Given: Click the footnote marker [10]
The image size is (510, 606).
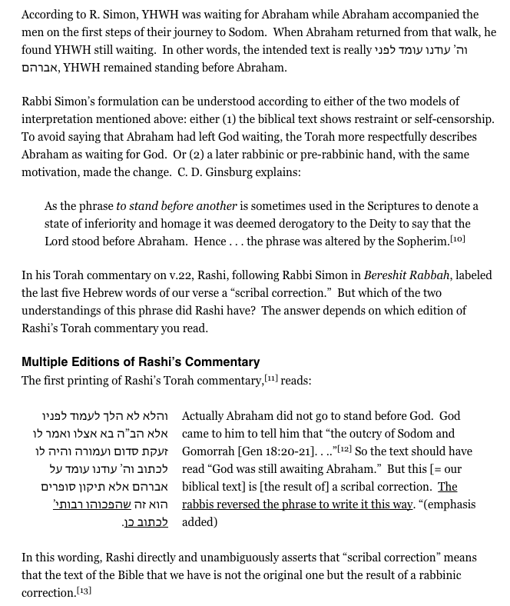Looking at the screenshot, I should coord(458,240).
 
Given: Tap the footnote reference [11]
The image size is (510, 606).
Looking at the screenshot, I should coord(270,378).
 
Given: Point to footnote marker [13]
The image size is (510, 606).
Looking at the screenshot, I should coord(84,590).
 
